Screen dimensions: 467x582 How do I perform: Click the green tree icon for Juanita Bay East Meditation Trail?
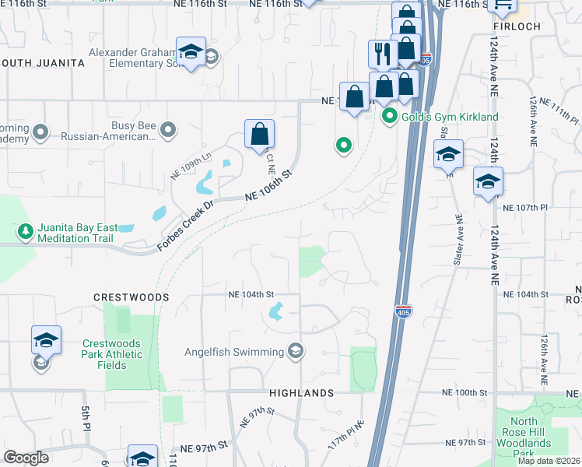[x=25, y=231]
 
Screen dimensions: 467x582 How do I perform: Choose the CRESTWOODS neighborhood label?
[x=131, y=297]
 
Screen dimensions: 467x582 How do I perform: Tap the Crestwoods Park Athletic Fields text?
[x=113, y=355]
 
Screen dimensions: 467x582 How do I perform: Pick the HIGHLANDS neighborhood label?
[x=301, y=393]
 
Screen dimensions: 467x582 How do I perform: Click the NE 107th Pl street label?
[x=526, y=209]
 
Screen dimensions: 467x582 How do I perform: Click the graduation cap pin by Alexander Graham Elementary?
[x=191, y=51]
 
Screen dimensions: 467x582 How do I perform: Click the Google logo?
[x=26, y=458]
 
